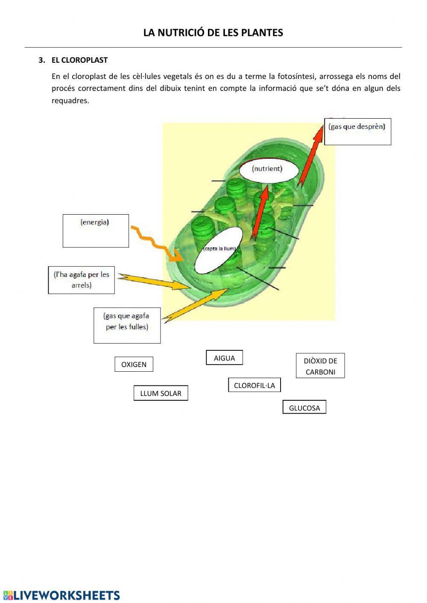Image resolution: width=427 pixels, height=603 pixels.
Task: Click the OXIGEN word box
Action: tap(134, 364)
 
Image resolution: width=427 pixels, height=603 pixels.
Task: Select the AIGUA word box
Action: tap(224, 358)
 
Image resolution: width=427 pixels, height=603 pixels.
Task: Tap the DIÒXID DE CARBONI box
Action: tap(320, 366)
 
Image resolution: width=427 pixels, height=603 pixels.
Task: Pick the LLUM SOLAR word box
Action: tap(161, 393)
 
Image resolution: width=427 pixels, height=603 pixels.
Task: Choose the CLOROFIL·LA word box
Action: tap(254, 385)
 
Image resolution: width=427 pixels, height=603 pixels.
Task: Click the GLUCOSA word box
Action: tap(304, 408)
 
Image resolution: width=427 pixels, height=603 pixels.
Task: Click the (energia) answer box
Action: tap(96, 231)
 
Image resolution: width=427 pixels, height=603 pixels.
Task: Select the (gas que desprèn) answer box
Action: tap(357, 131)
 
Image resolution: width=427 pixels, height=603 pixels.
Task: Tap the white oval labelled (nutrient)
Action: tap(267, 169)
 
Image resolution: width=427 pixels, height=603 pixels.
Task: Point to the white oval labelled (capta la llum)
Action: tap(219, 250)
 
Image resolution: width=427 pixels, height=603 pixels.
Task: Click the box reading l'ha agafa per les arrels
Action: tap(81, 280)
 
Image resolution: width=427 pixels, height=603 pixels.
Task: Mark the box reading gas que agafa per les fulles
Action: tap(127, 325)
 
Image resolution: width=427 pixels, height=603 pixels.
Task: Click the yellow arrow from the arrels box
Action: tap(154, 281)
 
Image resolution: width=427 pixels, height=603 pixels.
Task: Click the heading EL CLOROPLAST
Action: tap(79, 60)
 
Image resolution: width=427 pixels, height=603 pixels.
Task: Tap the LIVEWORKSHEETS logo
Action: tap(61, 595)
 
